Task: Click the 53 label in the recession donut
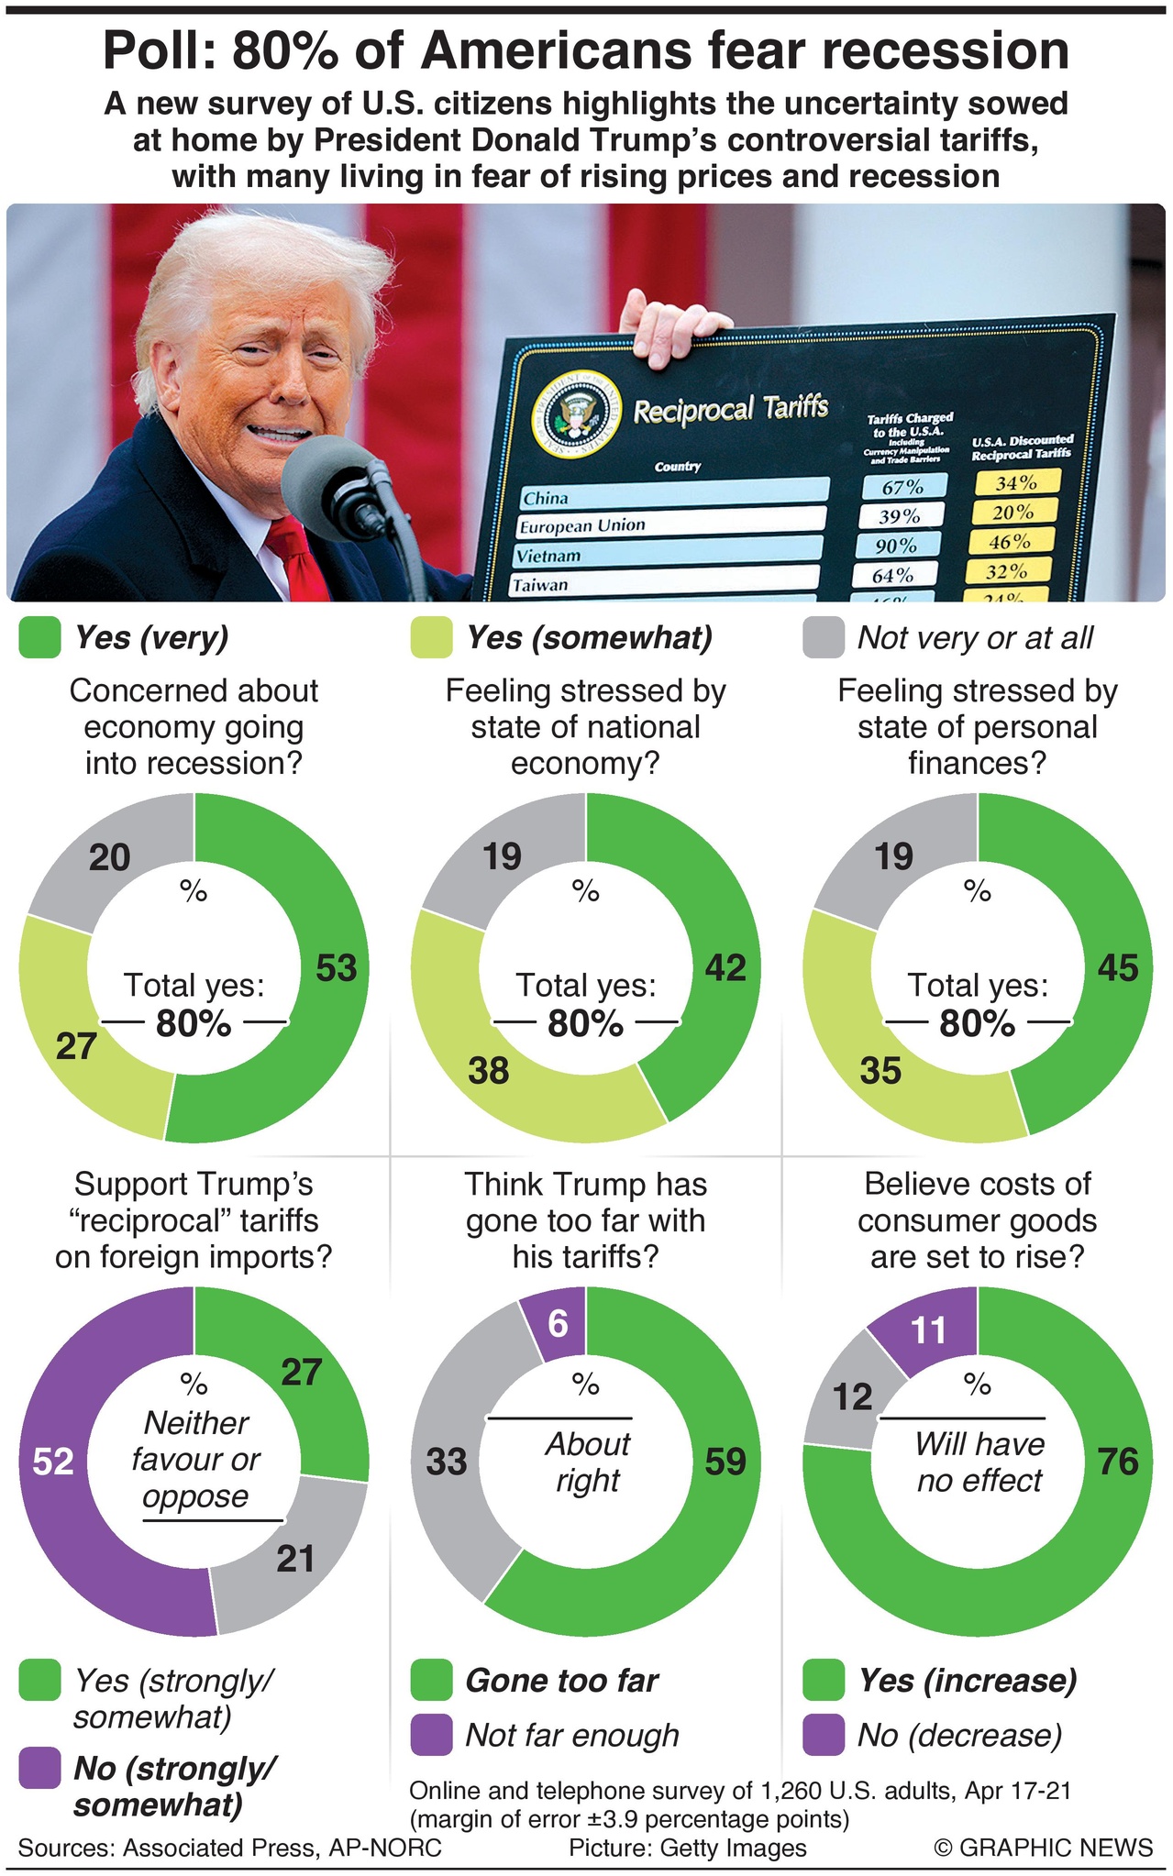[336, 968]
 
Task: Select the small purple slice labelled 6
[558, 1323]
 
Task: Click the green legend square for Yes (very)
[39, 638]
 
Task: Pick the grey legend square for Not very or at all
[823, 638]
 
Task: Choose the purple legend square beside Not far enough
[431, 1735]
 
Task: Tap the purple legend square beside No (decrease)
[823, 1735]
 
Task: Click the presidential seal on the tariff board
[576, 417]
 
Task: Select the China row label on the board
[546, 498]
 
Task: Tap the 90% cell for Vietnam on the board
[895, 546]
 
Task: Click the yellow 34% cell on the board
[1015, 482]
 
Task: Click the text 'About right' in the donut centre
[587, 1462]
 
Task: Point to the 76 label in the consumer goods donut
[1117, 1462]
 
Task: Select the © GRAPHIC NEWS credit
[1043, 1848]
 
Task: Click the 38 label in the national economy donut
[488, 1070]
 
